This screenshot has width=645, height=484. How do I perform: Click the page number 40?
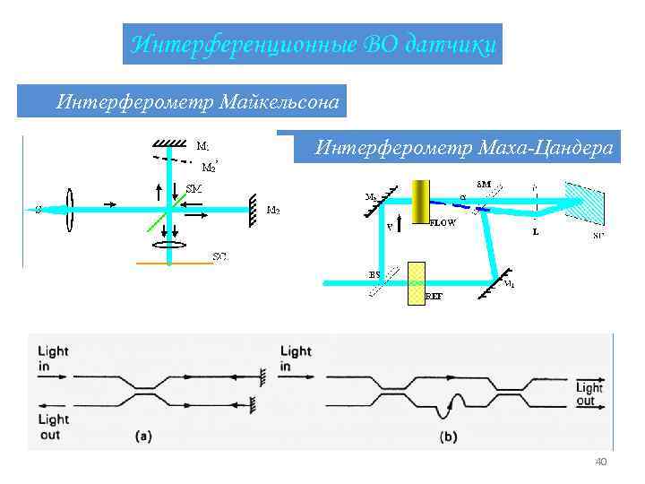click(601, 462)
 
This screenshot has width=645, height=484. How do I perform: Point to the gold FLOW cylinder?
click(420, 201)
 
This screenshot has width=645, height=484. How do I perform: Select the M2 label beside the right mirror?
click(273, 211)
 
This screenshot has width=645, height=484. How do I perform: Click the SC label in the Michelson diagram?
click(219, 256)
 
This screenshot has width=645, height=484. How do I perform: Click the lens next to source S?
click(69, 210)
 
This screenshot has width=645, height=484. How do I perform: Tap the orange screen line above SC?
click(174, 263)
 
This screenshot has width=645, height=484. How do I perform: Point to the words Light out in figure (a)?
click(54, 426)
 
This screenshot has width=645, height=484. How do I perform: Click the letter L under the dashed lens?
click(535, 232)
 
